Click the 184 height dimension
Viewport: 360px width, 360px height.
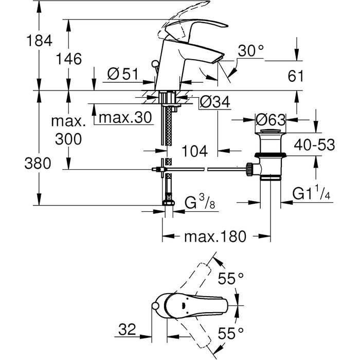[39, 41]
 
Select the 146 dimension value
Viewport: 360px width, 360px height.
[68, 59]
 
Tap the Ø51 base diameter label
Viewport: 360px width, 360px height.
[123, 74]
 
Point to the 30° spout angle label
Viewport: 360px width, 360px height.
[251, 50]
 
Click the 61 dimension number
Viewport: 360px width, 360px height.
[296, 76]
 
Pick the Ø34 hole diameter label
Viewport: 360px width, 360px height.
[215, 102]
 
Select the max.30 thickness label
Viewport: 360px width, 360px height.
[125, 117]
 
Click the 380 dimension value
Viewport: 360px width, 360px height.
[38, 164]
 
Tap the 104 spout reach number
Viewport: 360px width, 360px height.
[194, 151]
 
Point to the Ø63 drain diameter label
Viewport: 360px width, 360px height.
[271, 120]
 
